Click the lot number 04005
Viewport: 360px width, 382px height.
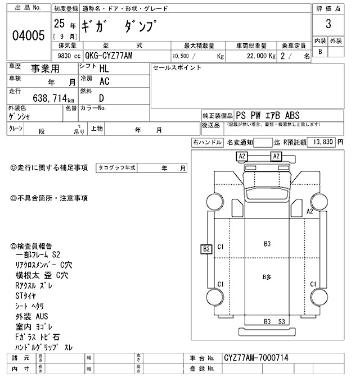[28, 36]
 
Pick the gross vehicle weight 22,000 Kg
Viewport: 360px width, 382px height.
[256, 56]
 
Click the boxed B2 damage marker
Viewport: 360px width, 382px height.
[206, 248]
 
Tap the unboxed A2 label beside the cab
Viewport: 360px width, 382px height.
[309, 211]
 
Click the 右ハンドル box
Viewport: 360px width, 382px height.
[207, 143]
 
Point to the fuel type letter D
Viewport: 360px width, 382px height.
[102, 98]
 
